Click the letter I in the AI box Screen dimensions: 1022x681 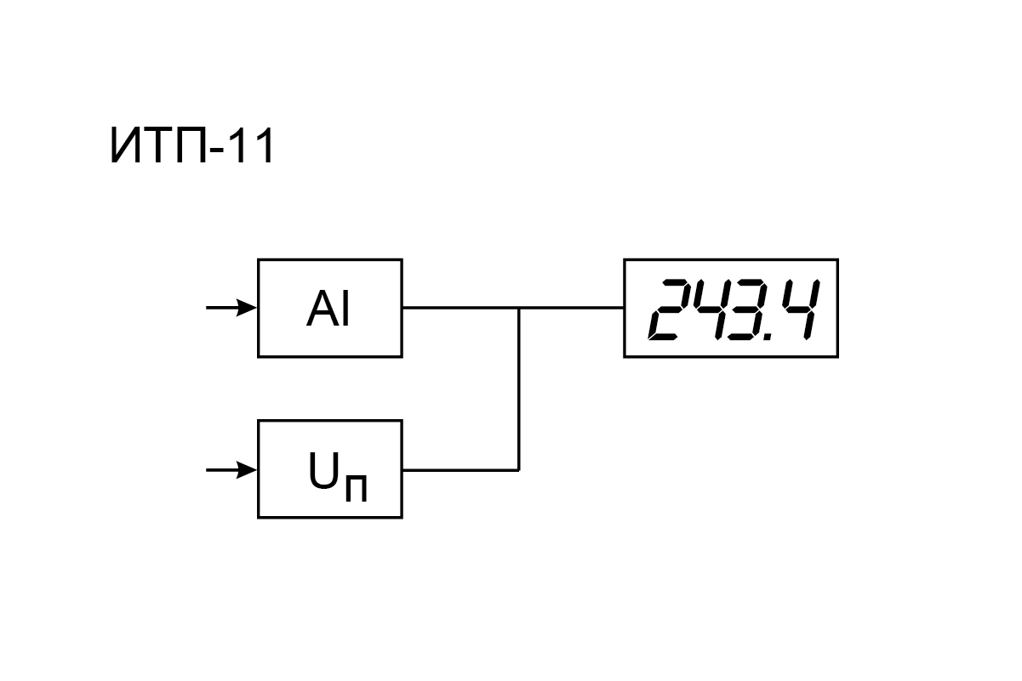tap(345, 309)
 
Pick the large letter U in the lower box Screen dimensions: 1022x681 tap(323, 470)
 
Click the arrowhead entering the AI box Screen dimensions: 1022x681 tap(247, 308)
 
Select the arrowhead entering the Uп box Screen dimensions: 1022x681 tap(247, 470)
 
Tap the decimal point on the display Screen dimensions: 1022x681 tap(768, 337)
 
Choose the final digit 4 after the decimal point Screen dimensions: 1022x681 tap(801, 309)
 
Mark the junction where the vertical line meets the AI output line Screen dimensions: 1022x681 tap(519, 308)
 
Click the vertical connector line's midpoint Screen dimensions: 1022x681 tap(519, 389)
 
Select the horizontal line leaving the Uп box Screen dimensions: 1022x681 tap(461, 470)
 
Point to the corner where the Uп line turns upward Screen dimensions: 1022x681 tap(519, 470)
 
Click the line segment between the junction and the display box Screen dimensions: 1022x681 tap(572, 308)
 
